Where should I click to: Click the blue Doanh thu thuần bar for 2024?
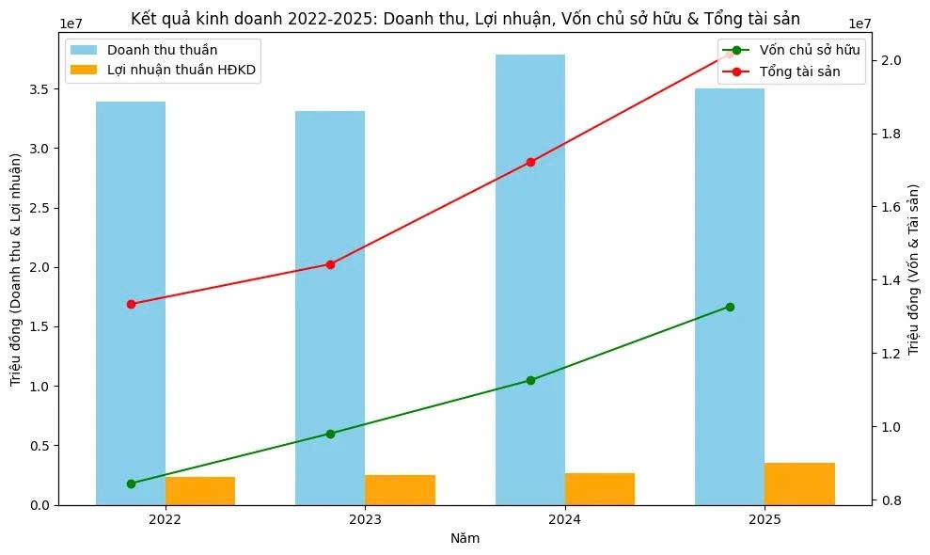coord(530,282)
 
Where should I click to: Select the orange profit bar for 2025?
coord(799,484)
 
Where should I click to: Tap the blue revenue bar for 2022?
coord(131,301)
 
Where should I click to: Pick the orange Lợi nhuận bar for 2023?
coord(400,489)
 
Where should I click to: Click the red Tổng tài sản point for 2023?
coord(330,264)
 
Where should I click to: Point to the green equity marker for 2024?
coord(530,380)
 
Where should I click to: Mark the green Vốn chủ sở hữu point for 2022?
coord(131,484)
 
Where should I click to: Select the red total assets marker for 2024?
coord(530,162)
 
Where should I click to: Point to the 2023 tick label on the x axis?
coord(365,519)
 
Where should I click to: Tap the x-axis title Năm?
coord(465,539)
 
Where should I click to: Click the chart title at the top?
coord(465,18)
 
